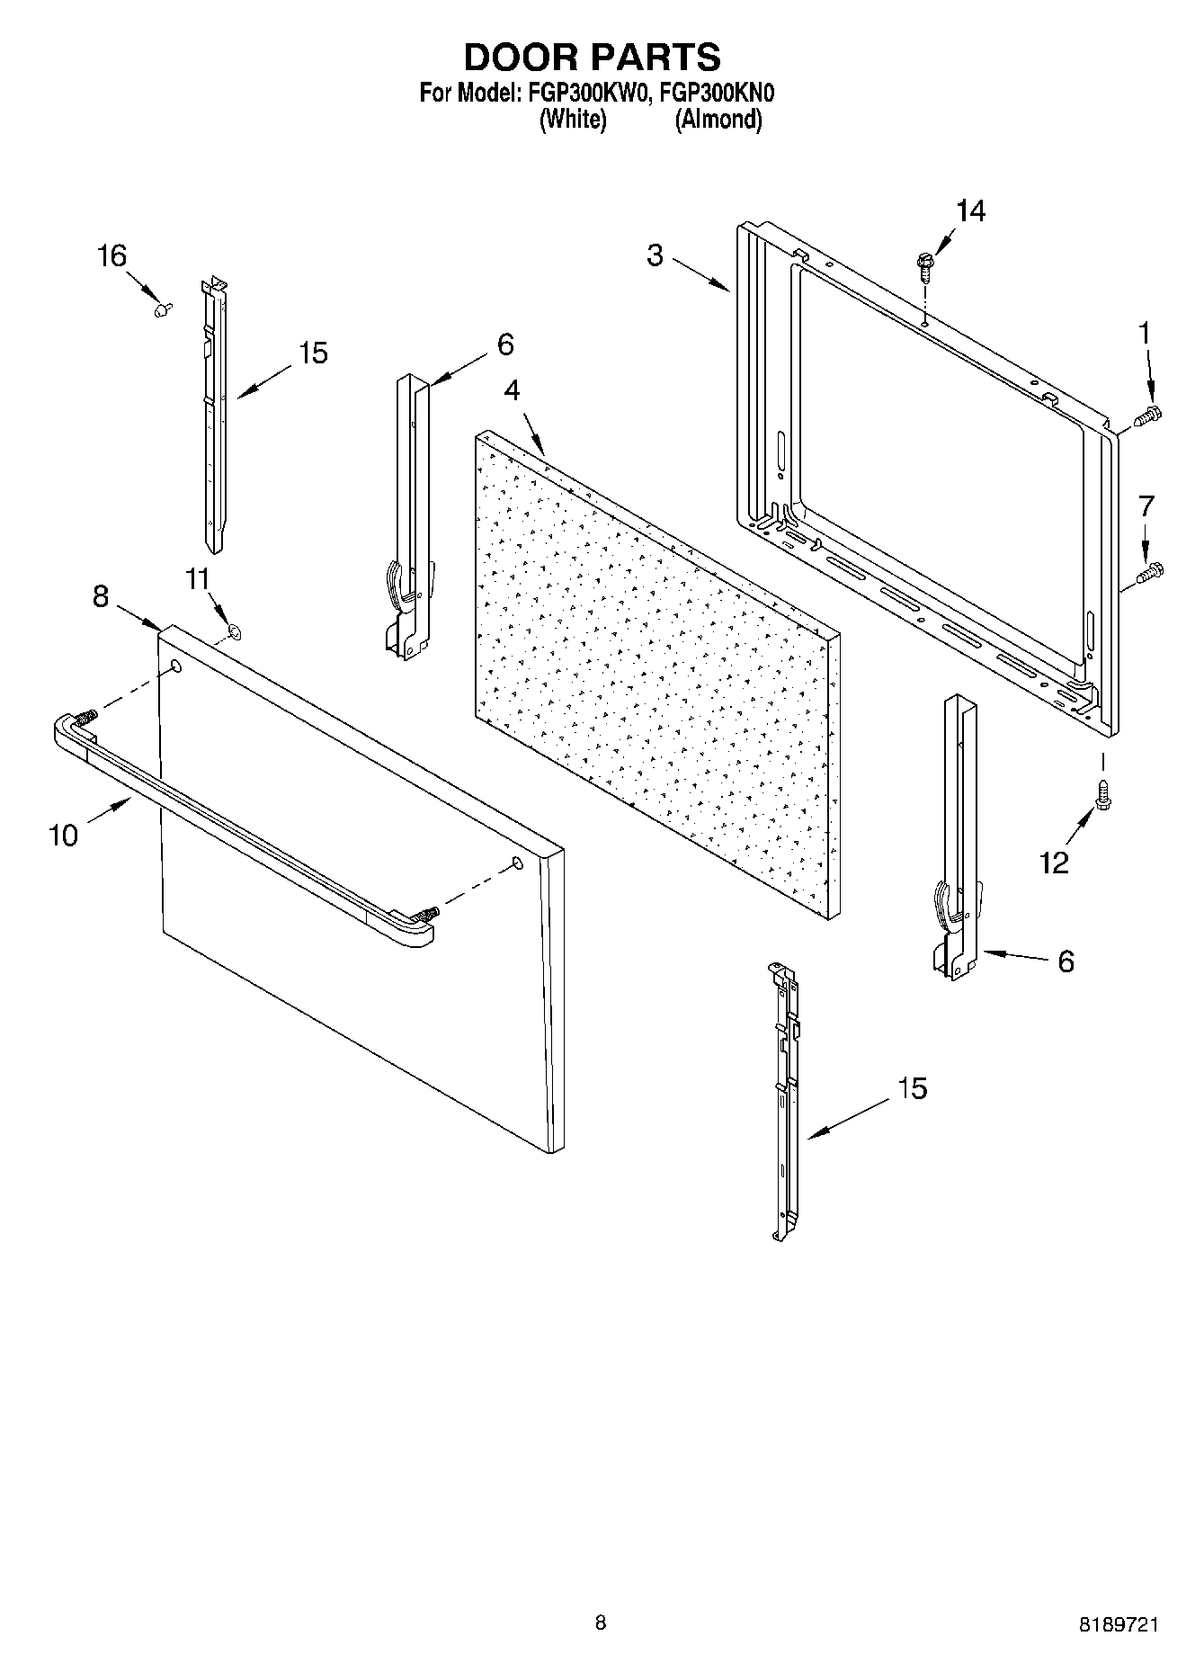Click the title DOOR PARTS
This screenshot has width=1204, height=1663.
(x=592, y=57)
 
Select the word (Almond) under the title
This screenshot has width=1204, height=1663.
(x=718, y=119)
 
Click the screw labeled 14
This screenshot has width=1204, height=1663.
(x=924, y=264)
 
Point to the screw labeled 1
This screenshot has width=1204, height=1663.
(x=1147, y=416)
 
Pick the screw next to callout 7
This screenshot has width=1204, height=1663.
(x=1149, y=571)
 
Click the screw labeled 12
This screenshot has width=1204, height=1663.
(x=1101, y=791)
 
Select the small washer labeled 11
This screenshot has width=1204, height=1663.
(x=234, y=631)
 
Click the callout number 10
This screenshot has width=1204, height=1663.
(x=63, y=836)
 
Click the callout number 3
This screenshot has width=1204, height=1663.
(x=655, y=255)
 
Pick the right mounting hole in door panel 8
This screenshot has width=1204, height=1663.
(x=517, y=863)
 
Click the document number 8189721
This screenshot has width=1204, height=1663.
(x=1119, y=1624)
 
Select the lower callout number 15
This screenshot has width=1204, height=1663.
(x=912, y=1088)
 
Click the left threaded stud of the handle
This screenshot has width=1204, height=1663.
(x=86, y=718)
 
